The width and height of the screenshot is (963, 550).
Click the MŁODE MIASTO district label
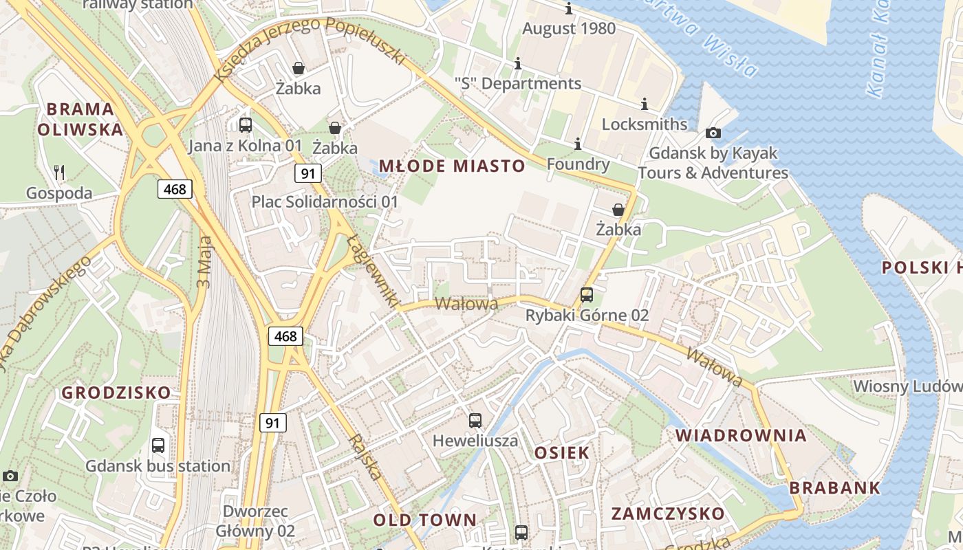click(452, 166)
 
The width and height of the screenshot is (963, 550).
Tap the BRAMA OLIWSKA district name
click(80, 119)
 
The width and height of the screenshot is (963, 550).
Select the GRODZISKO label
click(116, 393)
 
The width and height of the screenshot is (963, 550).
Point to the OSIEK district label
click(562, 452)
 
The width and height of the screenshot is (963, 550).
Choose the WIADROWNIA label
click(741, 435)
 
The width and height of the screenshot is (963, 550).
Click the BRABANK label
click(834, 488)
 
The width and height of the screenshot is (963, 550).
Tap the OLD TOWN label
click(424, 520)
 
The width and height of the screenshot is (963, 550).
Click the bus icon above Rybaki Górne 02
click(587, 295)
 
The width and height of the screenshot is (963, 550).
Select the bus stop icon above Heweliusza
click(475, 421)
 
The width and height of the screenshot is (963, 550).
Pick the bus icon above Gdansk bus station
click(158, 445)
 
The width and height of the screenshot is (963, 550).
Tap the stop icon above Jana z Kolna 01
click(246, 125)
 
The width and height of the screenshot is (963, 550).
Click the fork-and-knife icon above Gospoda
click(60, 173)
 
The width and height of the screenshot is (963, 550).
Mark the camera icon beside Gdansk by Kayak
click(713, 133)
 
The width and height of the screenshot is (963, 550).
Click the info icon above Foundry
click(578, 144)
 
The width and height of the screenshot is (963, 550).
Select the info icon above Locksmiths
click(645, 104)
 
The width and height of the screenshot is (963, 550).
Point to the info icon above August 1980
click(569, 9)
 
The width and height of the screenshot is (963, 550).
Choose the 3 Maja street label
click(205, 265)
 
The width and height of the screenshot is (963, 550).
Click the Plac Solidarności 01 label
click(325, 201)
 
